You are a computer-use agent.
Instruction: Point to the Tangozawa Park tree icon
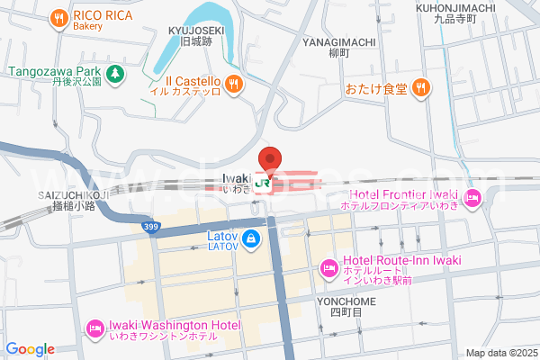115,71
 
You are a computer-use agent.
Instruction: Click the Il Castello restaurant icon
234,85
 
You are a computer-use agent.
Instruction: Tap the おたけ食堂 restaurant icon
421,88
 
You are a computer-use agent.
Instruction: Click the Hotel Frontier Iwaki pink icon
473,198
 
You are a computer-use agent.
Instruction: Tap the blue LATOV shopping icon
252,239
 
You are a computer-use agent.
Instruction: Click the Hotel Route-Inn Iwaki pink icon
328,267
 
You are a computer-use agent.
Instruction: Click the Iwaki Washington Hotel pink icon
95,329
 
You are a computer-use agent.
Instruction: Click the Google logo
30,349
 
